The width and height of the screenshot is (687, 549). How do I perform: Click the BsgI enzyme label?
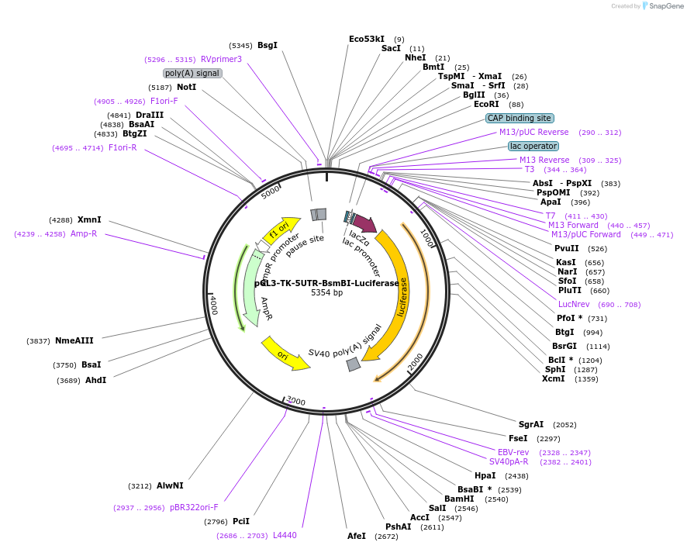click(x=268, y=46)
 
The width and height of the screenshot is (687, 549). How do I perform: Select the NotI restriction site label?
click(x=186, y=87)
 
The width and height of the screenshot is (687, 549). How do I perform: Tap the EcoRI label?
click(x=486, y=104)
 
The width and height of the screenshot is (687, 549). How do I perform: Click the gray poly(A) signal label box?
click(x=193, y=73)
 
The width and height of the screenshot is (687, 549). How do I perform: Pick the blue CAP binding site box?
click(x=520, y=119)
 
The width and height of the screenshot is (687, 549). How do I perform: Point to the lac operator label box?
click(x=533, y=146)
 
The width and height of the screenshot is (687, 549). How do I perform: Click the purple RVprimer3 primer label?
click(x=221, y=59)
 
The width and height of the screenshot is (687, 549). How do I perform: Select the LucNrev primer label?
click(x=573, y=304)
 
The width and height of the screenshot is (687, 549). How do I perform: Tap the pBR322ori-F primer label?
click(x=194, y=507)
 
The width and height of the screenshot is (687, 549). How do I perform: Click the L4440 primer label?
click(x=285, y=535)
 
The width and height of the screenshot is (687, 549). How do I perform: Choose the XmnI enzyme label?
click(x=89, y=220)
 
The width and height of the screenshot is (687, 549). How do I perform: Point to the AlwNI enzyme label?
click(x=170, y=486)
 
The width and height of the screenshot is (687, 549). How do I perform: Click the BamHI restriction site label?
click(x=459, y=499)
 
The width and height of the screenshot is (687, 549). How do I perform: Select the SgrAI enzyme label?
click(x=531, y=424)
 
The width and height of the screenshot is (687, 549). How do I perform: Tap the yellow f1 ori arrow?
click(x=280, y=229)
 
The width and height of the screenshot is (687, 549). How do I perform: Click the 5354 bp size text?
click(x=326, y=293)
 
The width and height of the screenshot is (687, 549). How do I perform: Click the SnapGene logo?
click(x=665, y=6)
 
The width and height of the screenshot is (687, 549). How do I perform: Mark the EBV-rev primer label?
click(x=513, y=452)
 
